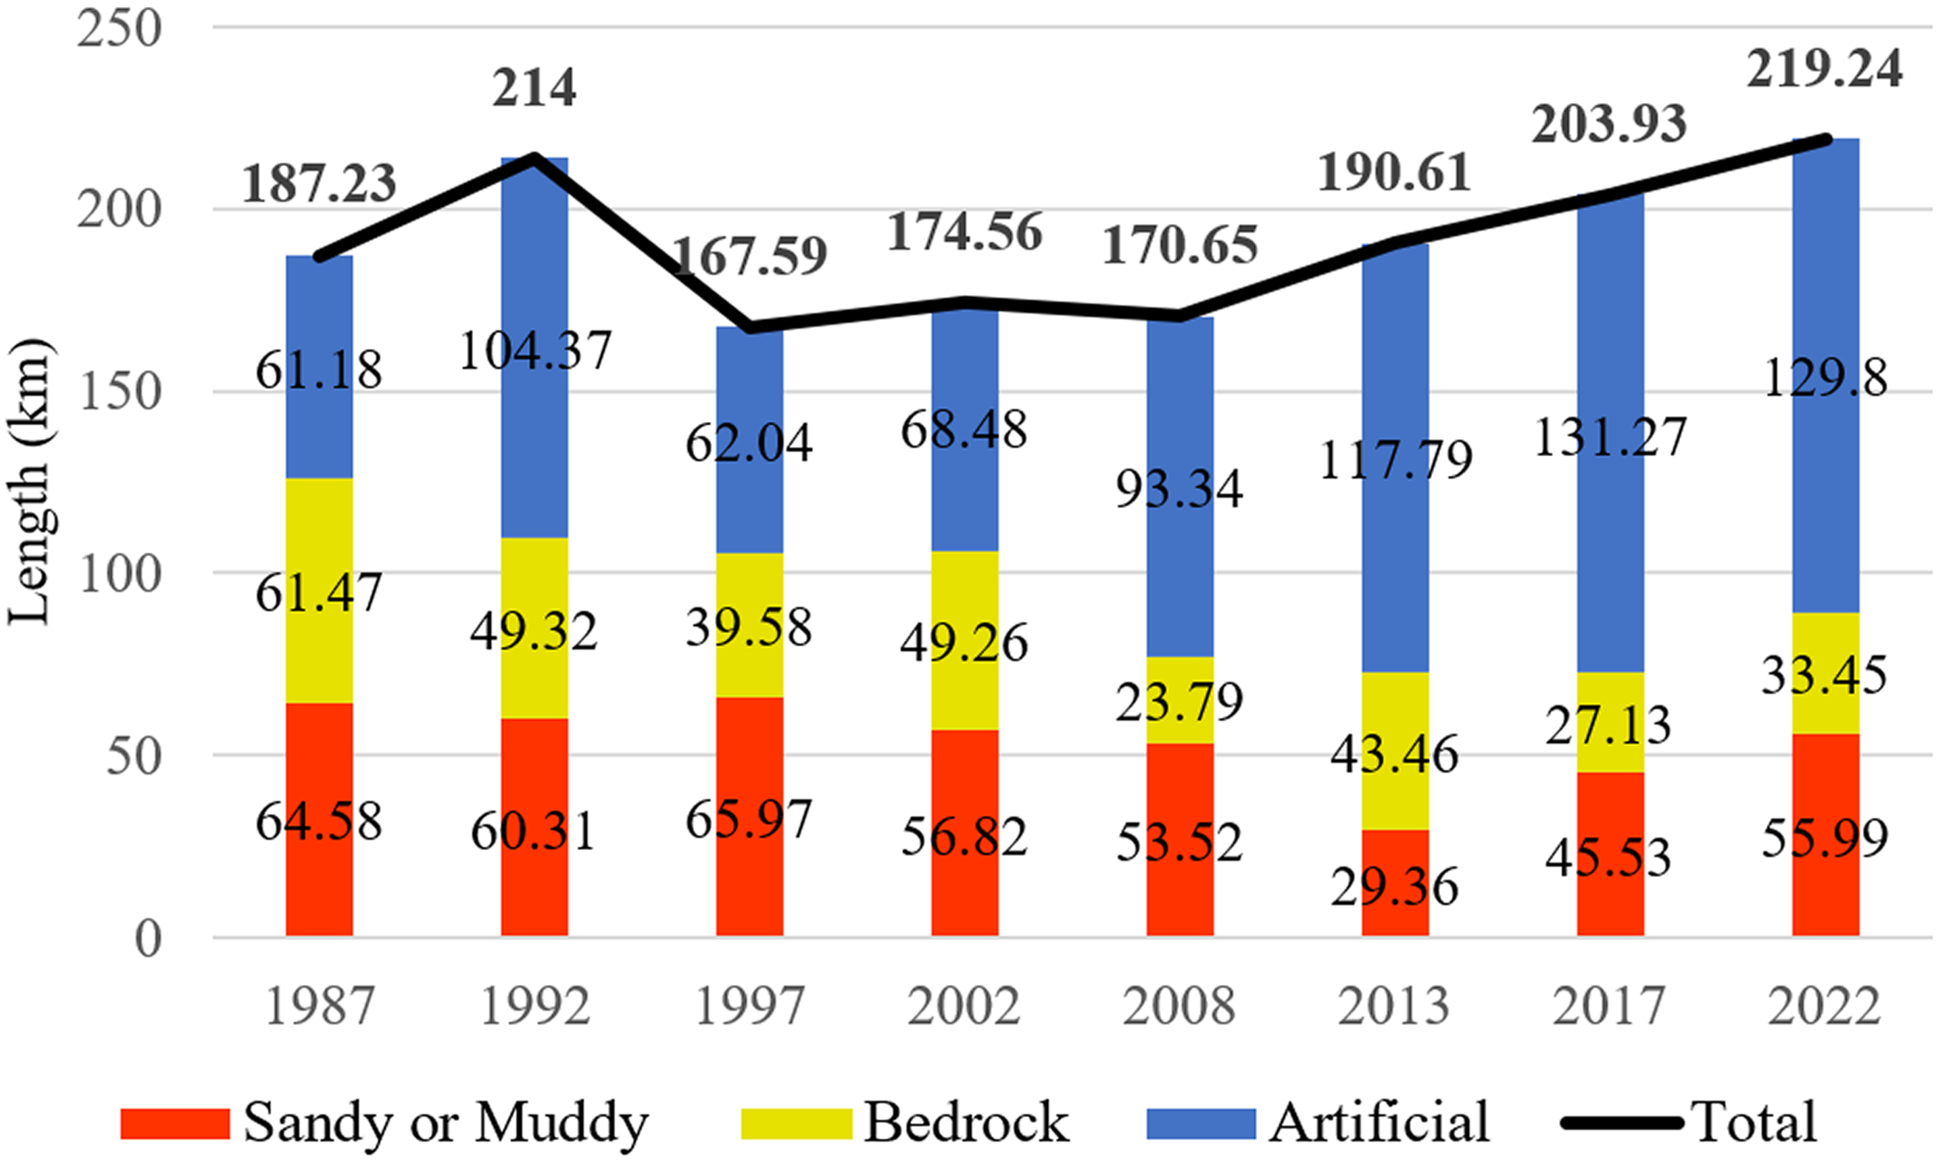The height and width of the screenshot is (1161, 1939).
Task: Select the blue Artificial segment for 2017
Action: tap(1609, 329)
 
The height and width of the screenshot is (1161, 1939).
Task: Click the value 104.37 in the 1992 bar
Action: tap(534, 351)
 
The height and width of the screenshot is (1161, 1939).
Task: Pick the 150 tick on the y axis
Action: tap(118, 391)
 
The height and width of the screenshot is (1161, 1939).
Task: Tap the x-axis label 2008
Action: tap(1179, 1006)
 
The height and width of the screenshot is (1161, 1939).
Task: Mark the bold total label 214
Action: tap(534, 88)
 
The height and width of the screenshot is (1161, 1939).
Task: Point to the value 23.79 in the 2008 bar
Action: tap(1179, 702)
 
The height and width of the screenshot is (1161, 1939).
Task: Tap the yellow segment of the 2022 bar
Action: tap(1825, 675)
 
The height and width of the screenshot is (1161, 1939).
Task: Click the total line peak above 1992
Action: tap(534, 157)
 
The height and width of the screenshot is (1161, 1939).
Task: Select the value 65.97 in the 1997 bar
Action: tap(748, 820)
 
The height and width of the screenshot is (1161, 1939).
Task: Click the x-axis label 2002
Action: tap(963, 1006)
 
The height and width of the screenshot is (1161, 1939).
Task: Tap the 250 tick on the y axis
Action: tap(118, 29)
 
